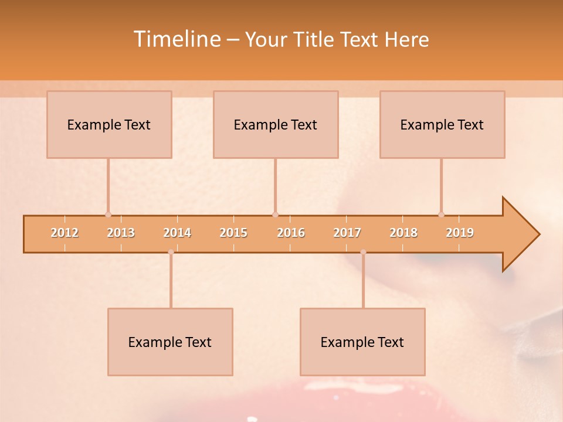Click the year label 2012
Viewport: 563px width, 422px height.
[65, 233]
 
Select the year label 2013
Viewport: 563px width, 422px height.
[121, 233]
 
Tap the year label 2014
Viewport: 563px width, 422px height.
[177, 233]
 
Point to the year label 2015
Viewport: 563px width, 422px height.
[233, 233]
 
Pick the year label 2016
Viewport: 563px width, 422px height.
[291, 233]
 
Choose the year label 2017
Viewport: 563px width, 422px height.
[347, 233]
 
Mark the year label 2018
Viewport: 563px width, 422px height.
[403, 233]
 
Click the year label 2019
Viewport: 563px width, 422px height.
[460, 233]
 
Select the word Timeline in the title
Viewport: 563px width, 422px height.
[176, 39]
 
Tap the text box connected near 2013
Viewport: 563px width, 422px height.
[109, 124]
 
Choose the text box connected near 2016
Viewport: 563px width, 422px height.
[276, 124]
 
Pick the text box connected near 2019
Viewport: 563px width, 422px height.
[442, 124]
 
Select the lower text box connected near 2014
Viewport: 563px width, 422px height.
[170, 342]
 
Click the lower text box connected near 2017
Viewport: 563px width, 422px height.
[362, 342]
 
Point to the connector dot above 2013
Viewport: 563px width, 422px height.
[108, 215]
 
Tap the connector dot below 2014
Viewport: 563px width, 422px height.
[171, 252]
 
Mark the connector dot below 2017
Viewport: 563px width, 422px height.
[363, 252]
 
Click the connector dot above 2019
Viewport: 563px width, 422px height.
[441, 215]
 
